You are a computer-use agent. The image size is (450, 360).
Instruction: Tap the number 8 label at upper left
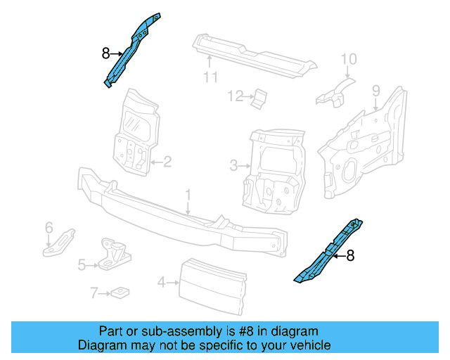105,53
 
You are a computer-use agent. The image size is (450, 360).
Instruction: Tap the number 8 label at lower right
350,257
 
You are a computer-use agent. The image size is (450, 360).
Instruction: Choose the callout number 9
376,90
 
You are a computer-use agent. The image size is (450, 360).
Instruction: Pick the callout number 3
233,166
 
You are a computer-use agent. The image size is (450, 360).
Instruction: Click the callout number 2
167,162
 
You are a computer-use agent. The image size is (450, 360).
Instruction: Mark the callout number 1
188,193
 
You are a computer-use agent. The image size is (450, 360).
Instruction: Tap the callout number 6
49,227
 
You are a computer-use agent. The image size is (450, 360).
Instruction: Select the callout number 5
82,265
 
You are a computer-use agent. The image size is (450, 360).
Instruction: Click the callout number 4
161,283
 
